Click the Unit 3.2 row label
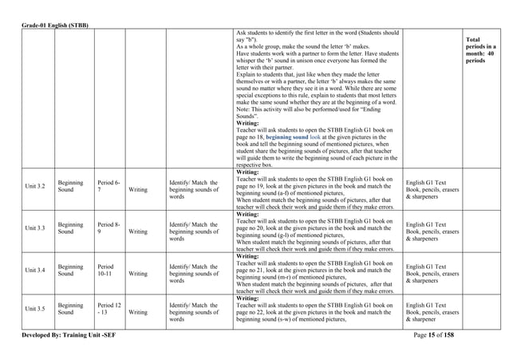point(34,188)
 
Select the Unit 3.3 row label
point(34,228)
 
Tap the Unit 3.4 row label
point(34,271)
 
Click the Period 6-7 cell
point(108,188)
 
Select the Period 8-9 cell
point(108,228)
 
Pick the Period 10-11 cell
point(108,271)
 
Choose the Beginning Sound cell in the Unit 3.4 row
point(71,271)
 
